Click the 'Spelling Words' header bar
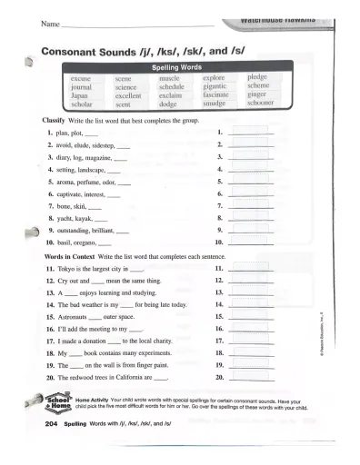point(176,68)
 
